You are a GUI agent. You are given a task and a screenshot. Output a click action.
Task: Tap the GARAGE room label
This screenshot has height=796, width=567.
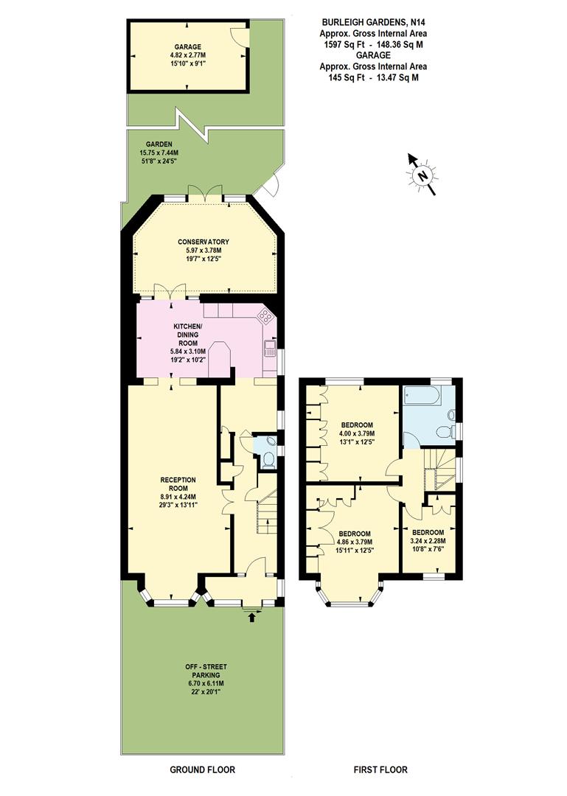166,46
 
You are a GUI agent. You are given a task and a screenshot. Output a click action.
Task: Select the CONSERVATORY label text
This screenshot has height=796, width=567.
204,242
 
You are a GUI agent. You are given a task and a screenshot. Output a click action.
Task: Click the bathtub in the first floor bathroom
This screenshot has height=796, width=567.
422,399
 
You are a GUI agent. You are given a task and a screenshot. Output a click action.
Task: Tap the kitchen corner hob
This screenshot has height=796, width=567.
264,317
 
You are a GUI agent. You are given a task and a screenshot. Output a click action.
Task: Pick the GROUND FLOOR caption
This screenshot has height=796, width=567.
203,770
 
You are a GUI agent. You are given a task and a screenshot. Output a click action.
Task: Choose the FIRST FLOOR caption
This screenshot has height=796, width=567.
380,770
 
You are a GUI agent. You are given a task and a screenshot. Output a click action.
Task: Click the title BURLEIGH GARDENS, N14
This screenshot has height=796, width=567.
372,23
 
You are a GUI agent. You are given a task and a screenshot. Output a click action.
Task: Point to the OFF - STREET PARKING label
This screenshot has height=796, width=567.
202,671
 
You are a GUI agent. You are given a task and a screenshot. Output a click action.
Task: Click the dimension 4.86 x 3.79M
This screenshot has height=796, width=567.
355,542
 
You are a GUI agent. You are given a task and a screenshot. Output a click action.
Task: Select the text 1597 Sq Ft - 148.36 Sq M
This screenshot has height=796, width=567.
372,44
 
